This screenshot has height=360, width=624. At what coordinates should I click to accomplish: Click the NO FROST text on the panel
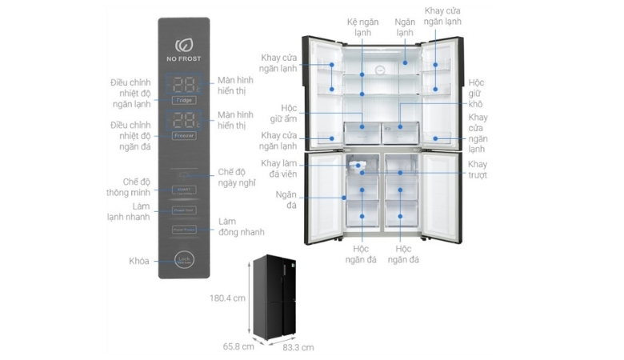tap(183, 59)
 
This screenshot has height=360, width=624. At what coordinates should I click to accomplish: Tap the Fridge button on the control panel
tap(183, 100)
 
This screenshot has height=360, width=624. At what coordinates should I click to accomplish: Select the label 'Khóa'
tap(139, 261)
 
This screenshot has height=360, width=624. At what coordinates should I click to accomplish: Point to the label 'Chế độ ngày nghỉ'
tap(238, 178)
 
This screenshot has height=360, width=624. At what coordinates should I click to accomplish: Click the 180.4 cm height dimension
tap(223, 298)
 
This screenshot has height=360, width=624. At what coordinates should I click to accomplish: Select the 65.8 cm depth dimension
tap(238, 346)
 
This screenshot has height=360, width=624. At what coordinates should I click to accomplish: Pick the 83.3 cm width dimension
tap(298, 347)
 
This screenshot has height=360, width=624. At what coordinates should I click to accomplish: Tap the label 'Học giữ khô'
tap(477, 94)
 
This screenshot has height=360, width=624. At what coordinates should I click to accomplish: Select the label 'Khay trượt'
tap(478, 170)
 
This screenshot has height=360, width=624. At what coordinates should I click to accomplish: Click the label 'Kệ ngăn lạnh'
tap(362, 27)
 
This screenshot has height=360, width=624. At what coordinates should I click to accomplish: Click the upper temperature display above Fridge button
tap(183, 84)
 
